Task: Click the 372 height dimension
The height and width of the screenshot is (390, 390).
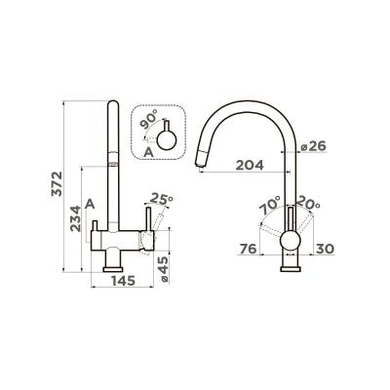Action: tap(57, 184)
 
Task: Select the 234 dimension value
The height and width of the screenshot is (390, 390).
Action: tap(76, 218)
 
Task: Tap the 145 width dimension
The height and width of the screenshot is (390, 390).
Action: tap(123, 281)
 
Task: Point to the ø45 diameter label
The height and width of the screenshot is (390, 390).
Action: tap(164, 269)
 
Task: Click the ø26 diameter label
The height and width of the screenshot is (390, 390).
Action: tap(313, 146)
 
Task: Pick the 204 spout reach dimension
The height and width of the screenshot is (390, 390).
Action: tap(250, 165)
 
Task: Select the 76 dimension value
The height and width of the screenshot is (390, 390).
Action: tap(249, 250)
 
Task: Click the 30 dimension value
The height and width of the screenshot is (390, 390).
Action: tap(325, 250)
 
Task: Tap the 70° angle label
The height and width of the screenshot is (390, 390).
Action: tap(270, 205)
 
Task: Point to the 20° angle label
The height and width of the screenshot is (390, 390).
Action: tap(309, 203)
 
